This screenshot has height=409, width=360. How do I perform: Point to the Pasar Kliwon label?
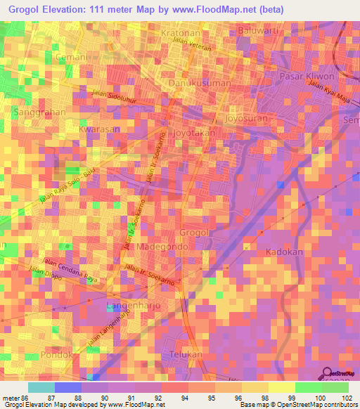pyautogui.click(x=304, y=75)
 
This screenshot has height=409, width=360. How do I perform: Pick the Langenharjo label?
pyautogui.click(x=134, y=306)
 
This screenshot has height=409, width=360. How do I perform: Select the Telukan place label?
pyautogui.click(x=186, y=355)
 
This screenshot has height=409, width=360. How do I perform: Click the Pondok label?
pyautogui.click(x=56, y=355)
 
